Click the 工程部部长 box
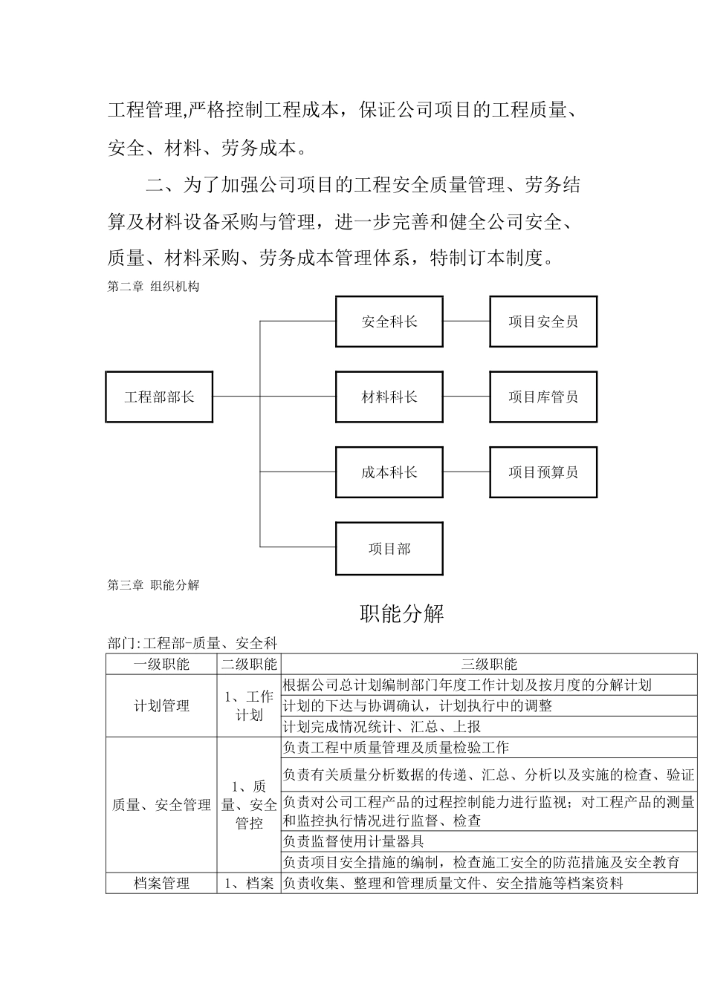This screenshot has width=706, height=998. click(159, 397)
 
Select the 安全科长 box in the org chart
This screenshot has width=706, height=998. click(389, 322)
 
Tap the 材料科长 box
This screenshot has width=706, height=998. click(389, 397)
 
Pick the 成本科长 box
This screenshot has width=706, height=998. click(389, 472)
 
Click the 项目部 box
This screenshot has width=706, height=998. click(389, 549)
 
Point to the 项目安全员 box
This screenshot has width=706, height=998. click(543, 322)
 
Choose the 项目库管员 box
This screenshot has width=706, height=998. click(543, 397)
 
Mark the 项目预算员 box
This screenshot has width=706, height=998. click(543, 472)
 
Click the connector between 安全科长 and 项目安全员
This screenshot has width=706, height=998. click(466, 322)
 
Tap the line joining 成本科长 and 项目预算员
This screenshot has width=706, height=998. click(466, 472)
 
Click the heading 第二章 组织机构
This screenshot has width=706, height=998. click(153, 287)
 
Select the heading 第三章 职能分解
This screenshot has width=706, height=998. click(153, 585)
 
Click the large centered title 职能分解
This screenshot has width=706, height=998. click(401, 614)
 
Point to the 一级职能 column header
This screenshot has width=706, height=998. click(161, 665)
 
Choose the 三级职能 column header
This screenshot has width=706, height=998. click(489, 665)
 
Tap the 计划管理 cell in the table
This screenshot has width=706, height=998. click(161, 706)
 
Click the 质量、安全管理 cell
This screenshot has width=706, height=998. click(161, 805)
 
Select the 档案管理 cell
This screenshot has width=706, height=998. click(161, 884)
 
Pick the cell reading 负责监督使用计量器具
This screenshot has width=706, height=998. click(354, 841)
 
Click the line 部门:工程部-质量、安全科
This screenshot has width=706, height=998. click(192, 643)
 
